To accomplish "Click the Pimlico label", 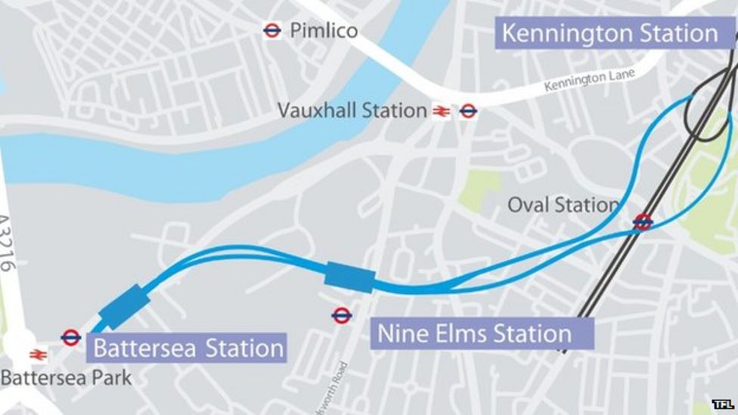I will pyautogui.click(x=324, y=30).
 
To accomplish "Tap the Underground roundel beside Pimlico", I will pyautogui.click(x=272, y=30).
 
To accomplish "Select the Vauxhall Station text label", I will pyautogui.click(x=352, y=110).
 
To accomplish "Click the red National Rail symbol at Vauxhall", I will pyautogui.click(x=442, y=112).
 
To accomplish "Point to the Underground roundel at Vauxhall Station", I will pyautogui.click(x=468, y=111).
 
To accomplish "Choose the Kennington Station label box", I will pyautogui.click(x=610, y=33).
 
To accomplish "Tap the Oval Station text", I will pyautogui.click(x=563, y=205).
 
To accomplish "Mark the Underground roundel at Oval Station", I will pyautogui.click(x=643, y=221).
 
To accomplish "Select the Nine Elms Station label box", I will pyautogui.click(x=482, y=333).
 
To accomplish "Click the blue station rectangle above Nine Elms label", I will pyautogui.click(x=349, y=277).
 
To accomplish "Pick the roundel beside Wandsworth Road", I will pyautogui.click(x=342, y=315).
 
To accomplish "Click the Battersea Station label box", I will pyautogui.click(x=188, y=348).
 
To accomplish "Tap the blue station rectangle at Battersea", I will pyautogui.click(x=124, y=306).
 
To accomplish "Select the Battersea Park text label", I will pyautogui.click(x=66, y=377).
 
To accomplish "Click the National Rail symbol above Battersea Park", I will pyautogui.click(x=38, y=354).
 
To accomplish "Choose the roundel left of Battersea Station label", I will pyautogui.click(x=71, y=337).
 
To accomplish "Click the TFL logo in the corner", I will pyautogui.click(x=722, y=404).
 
